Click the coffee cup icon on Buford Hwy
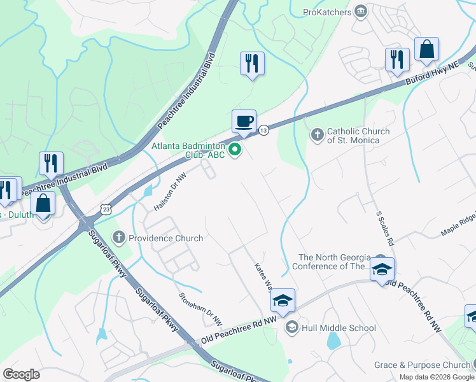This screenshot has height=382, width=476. click(x=243, y=121)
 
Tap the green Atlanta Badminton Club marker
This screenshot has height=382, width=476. click(x=235, y=150)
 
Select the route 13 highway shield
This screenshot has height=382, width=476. click(x=263, y=130)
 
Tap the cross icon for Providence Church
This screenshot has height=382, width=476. click(x=118, y=237)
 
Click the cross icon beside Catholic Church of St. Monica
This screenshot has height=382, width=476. click(x=317, y=135)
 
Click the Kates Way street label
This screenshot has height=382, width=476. click(x=264, y=274)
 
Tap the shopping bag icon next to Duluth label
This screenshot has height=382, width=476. click(x=43, y=204)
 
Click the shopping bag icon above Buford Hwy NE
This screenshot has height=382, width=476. click(x=426, y=50)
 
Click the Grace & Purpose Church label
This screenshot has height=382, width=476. click(x=421, y=365)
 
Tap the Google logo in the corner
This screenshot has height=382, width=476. click(x=21, y=374)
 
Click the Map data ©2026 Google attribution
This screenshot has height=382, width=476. click(x=437, y=377)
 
